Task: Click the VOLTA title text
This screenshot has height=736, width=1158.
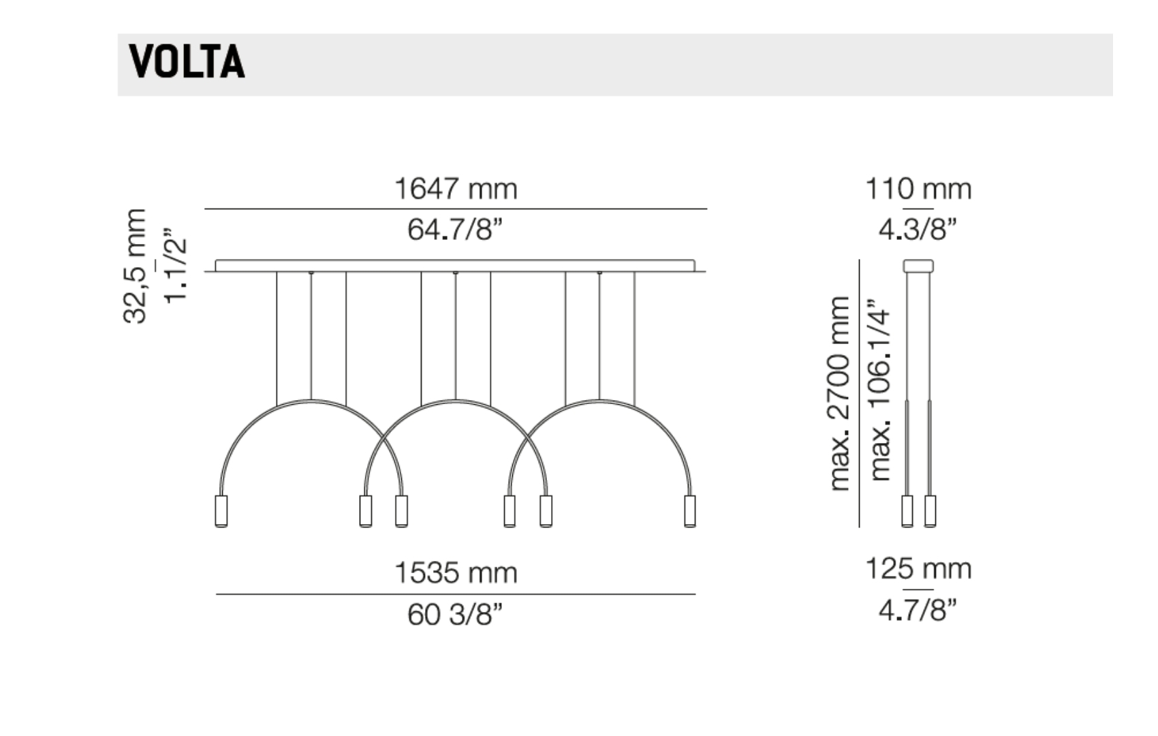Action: coord(187,61)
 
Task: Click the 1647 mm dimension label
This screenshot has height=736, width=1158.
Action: coord(456,189)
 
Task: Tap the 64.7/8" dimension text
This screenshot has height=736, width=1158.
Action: coord(455,230)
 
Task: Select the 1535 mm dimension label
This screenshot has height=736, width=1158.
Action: coord(456,573)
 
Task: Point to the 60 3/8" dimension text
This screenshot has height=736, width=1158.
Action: coord(455,615)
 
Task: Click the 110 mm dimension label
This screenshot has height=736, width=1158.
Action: coord(918,189)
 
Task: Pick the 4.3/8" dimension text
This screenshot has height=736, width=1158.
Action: coord(918,230)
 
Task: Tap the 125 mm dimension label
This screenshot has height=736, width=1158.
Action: coord(918,569)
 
